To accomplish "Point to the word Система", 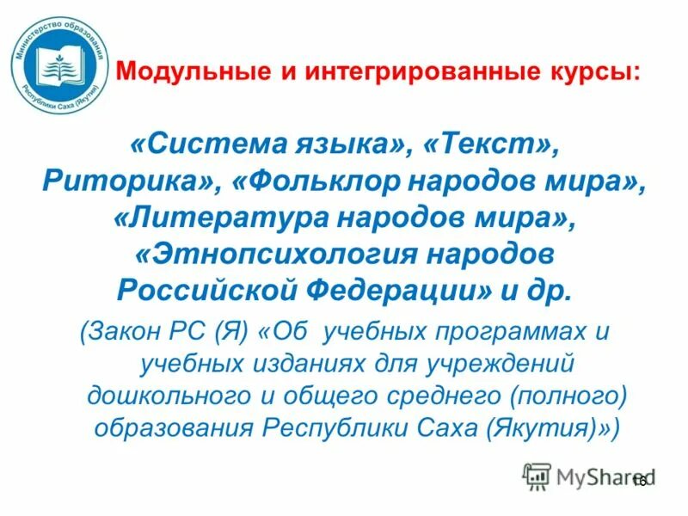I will (x=213, y=144).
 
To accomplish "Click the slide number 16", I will (x=639, y=481).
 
